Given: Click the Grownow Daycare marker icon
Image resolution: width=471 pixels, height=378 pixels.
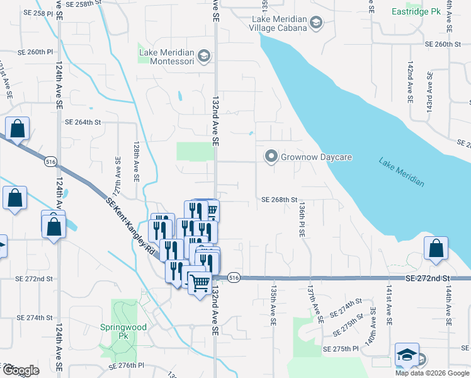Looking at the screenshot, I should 271,156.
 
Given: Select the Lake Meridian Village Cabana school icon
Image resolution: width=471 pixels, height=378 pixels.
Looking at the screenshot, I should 315,23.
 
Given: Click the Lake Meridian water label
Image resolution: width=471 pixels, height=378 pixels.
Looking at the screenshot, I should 401,172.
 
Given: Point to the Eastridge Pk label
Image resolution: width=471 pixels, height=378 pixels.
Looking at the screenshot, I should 416,11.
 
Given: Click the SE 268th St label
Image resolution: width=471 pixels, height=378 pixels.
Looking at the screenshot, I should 279,200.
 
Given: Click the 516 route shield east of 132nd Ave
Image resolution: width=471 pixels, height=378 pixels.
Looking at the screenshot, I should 234,278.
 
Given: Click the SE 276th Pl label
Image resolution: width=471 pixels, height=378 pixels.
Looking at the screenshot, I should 127,365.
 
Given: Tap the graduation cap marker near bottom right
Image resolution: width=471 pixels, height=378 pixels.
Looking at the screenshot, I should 407,355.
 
